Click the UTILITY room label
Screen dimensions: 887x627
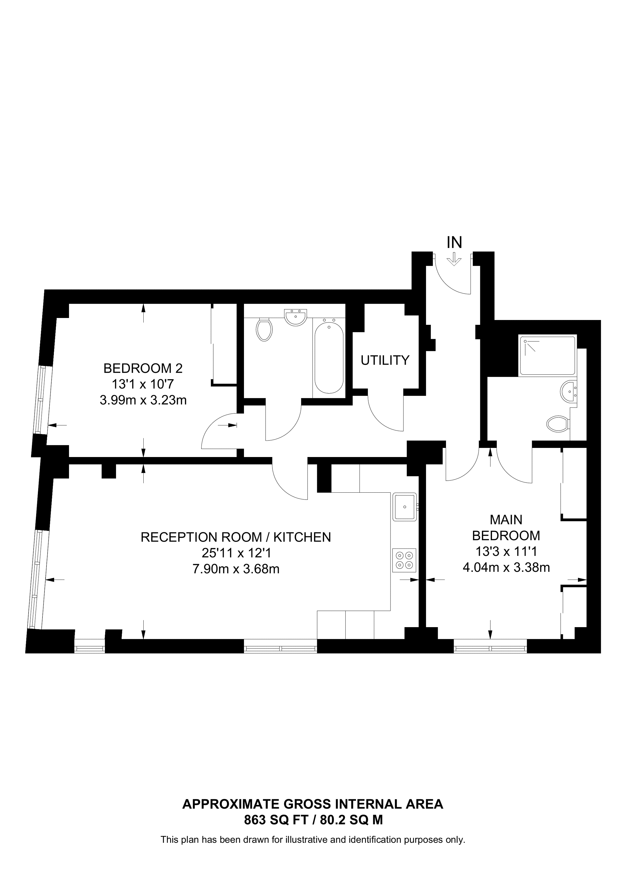click(385, 360)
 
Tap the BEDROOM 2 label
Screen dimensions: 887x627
click(143, 368)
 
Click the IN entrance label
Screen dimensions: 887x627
click(454, 242)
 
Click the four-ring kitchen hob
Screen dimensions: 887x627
click(404, 560)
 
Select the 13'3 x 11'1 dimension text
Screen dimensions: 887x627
click(506, 551)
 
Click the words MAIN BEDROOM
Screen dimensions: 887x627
click(506, 527)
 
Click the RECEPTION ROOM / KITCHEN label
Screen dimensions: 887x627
click(236, 537)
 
